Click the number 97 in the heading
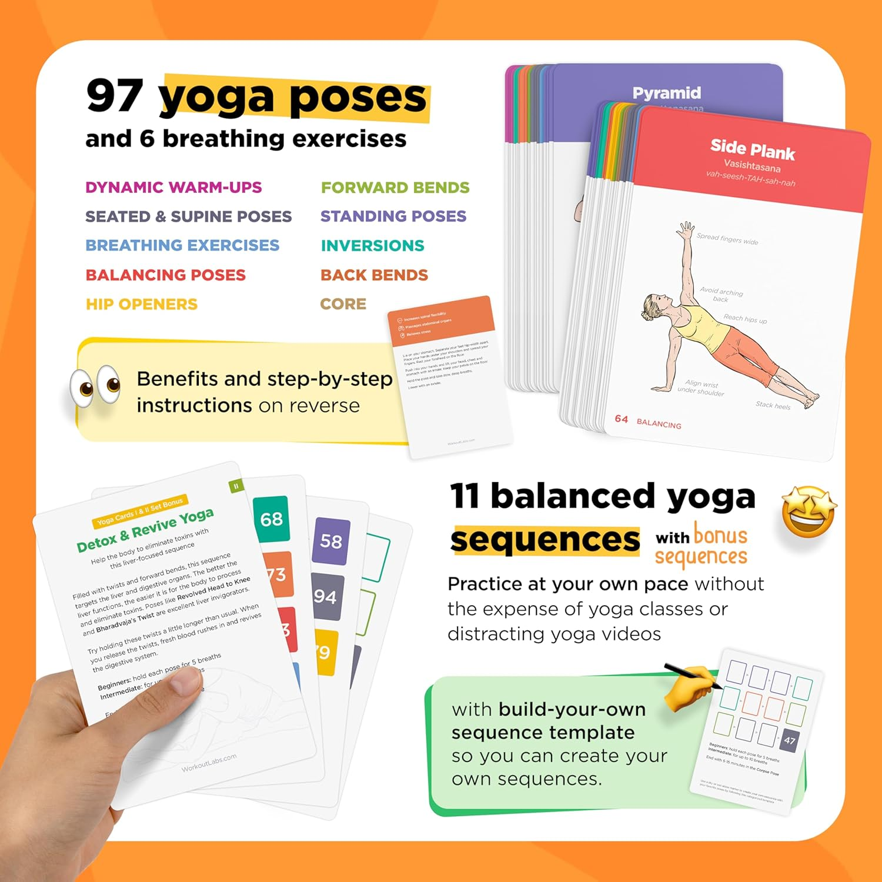[x=115, y=95]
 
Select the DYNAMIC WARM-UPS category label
[x=173, y=188]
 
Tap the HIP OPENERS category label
[x=142, y=305]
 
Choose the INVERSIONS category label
[x=372, y=246]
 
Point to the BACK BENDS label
[x=374, y=275]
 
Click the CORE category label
[x=343, y=304]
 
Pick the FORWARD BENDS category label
[x=395, y=188]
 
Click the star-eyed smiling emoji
[x=808, y=512]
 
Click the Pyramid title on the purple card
[x=666, y=93]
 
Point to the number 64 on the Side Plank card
[x=622, y=419]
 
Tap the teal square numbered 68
[x=272, y=519]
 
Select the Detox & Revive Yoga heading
[x=145, y=530]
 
